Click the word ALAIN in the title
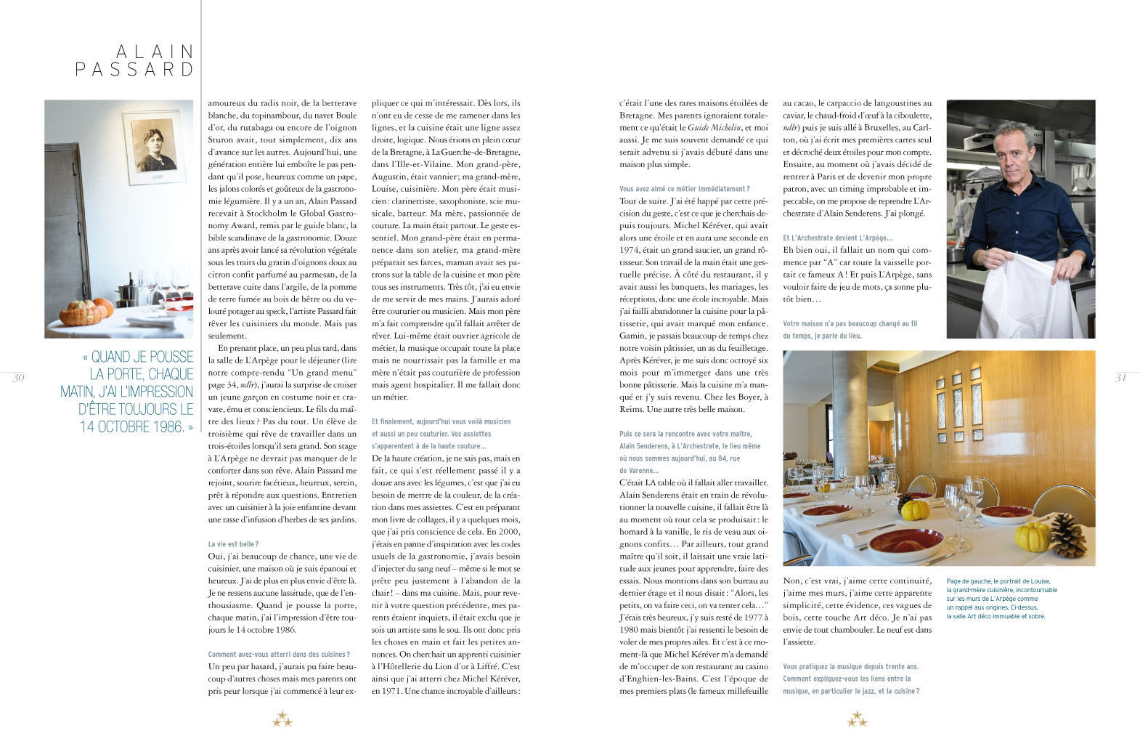[x=155, y=52]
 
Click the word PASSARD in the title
[x=135, y=70]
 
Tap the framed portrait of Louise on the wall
[x=153, y=148]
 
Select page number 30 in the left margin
[x=18, y=377]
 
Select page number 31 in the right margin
[x=1120, y=377]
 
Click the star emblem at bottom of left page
[x=282, y=719]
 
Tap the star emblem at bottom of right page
[x=857, y=719]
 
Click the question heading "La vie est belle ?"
[x=233, y=544]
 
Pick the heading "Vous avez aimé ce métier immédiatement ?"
[x=684, y=189]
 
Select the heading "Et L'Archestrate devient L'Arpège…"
[x=837, y=238]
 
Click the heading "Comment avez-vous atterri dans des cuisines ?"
[x=279, y=655]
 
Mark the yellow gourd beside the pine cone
[x=1033, y=538]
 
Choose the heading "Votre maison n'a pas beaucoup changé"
[x=850, y=324]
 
